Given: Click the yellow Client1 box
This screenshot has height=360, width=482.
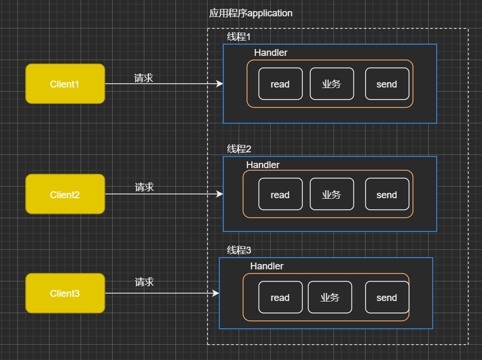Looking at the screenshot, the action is pos(65,84).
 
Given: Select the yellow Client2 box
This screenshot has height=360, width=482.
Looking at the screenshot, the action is pos(65,194).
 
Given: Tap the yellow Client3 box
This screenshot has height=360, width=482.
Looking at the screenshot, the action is pos(65,293).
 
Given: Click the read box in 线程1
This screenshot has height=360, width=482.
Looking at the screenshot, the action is pos(280,84).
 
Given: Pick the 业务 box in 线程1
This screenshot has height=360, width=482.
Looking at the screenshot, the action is pos(332,84).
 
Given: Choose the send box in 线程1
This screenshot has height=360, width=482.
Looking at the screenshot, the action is pos(387,84).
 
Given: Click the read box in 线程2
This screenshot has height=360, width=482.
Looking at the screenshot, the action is pos(280,194).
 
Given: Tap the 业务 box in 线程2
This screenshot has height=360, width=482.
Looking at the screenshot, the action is pos(332,194).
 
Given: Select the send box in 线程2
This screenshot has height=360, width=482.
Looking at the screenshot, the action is pos(387,194).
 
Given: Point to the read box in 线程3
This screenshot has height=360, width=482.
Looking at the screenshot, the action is pos(280,297).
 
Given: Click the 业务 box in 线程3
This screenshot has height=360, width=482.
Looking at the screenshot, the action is pos(330,297).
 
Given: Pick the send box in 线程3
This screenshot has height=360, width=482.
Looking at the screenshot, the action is pos(387,297).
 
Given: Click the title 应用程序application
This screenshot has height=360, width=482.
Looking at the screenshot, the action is pos(251,13).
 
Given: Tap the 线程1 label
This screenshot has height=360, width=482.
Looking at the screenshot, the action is pos(239,37).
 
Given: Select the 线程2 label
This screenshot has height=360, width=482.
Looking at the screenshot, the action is pos(239,149).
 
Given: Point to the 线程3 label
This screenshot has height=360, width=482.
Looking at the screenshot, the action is pos(239,250).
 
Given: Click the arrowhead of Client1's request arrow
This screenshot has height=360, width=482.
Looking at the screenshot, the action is pos(220,84).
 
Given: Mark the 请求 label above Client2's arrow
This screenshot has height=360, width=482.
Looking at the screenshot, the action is pos(144,187).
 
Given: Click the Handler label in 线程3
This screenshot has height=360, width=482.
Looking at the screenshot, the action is pos(267,266).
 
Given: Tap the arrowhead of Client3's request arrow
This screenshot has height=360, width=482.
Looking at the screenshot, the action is pos(215,293).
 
